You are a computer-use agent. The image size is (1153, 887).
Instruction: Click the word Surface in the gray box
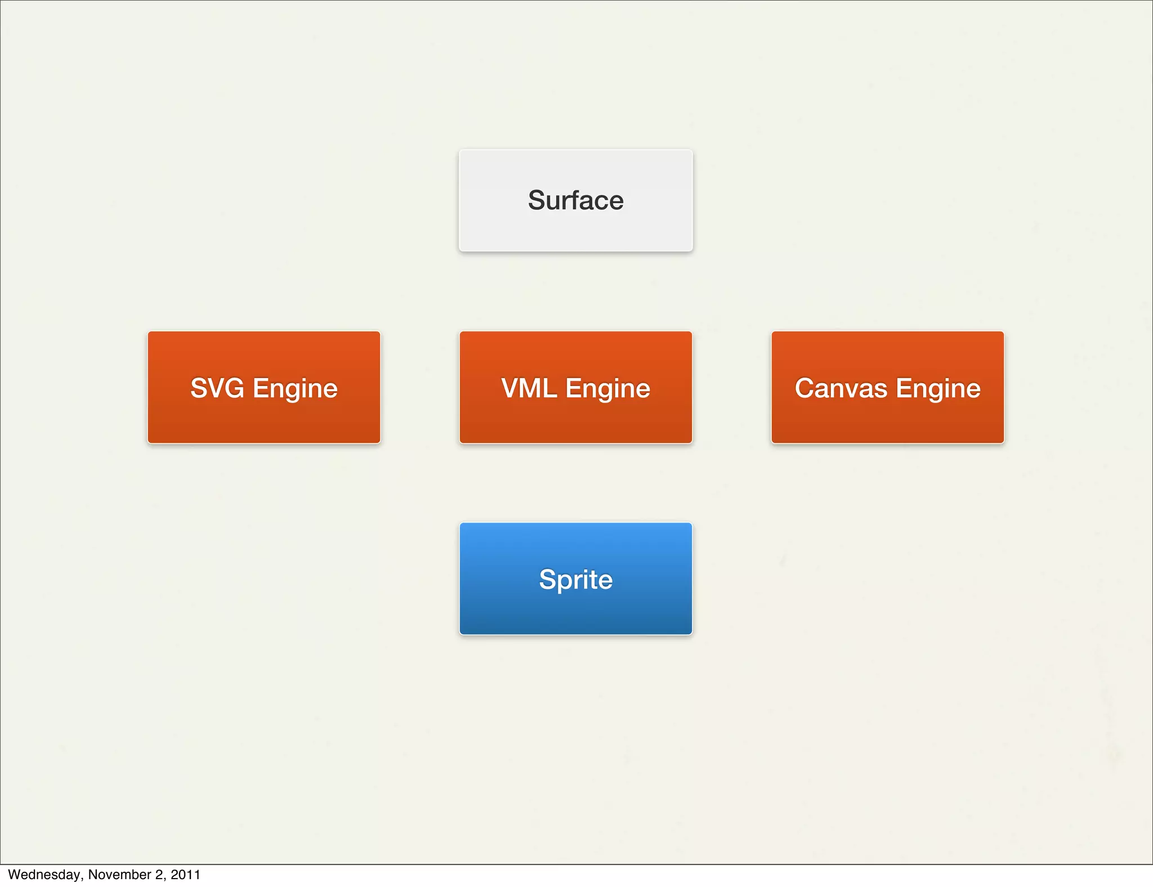pyautogui.click(x=575, y=200)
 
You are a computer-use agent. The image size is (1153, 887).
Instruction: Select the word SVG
pyautogui.click(x=217, y=388)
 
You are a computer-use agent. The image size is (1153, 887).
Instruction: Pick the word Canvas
pyautogui.click(x=841, y=388)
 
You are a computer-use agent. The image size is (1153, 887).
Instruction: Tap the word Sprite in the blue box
pyautogui.click(x=575, y=580)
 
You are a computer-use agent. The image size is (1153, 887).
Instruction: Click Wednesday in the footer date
pyautogui.click(x=44, y=875)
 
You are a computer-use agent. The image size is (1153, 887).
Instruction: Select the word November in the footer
pyautogui.click(x=119, y=875)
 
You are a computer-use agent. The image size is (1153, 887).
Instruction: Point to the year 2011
pyautogui.click(x=185, y=875)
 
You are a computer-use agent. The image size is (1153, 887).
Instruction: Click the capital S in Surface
pyautogui.click(x=537, y=200)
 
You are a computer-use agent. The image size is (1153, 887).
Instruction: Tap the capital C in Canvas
pyautogui.click(x=805, y=388)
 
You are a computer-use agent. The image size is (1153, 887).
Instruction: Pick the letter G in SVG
pyautogui.click(x=235, y=388)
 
